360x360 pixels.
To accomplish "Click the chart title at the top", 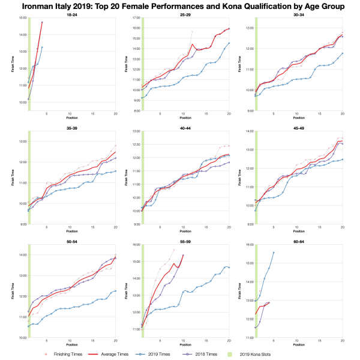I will coord(180,7).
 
